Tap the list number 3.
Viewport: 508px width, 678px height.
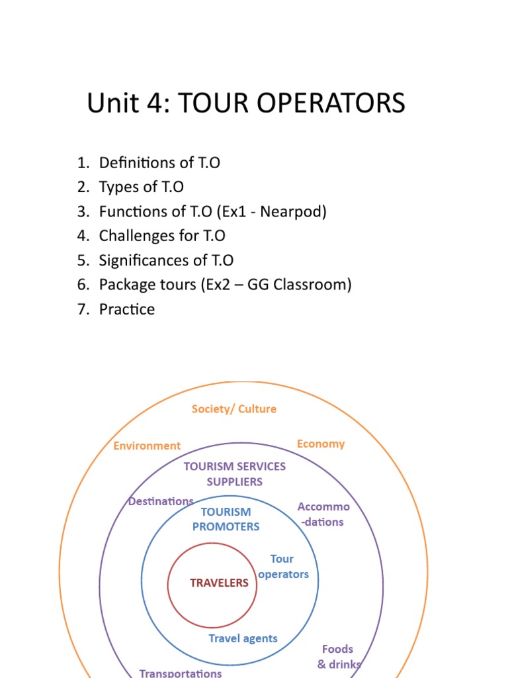pos(82,212)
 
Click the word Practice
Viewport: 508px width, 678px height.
pos(127,310)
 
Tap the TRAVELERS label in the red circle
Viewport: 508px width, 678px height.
pos(219,583)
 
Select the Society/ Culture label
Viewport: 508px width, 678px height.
pos(234,409)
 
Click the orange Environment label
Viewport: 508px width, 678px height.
pos(147,446)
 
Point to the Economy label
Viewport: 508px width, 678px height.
pos(321,444)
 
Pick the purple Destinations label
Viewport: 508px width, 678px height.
pos(161,501)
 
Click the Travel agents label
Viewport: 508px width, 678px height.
pos(243,639)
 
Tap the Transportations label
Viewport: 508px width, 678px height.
pos(181,673)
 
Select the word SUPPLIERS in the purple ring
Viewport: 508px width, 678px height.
pos(235,482)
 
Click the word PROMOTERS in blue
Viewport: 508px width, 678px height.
pos(226,526)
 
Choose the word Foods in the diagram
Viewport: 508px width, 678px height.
pos(337,649)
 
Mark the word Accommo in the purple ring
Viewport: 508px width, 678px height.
pos(323,507)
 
